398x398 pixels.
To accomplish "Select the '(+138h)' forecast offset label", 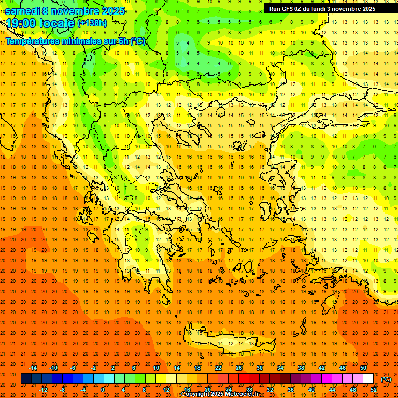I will pyautogui.click(x=92, y=23).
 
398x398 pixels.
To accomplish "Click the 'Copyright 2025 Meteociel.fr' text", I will pyautogui.click(x=220, y=394).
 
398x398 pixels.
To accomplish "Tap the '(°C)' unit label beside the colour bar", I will pyautogui.click(x=386, y=379).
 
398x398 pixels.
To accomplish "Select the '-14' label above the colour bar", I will pyautogui.click(x=33, y=368).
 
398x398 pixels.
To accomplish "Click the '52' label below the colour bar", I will pyautogui.click(x=374, y=390).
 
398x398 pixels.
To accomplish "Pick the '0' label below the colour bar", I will pyautogui.click(x=103, y=390).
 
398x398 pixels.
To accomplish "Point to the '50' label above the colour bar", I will pyautogui.click(x=363, y=368).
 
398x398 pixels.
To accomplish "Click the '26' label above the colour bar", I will pyautogui.click(x=239, y=368).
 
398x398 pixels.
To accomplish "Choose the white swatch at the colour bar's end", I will pyautogui.click(x=368, y=379).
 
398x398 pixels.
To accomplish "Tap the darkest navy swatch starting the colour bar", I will pyautogui.click(x=26, y=379).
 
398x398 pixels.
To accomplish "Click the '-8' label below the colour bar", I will pyautogui.click(x=62, y=390).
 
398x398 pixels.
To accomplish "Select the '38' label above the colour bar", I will pyautogui.click(x=301, y=368).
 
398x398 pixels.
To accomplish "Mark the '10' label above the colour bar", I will pyautogui.click(x=156, y=368).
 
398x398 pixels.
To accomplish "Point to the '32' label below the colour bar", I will pyautogui.click(x=270, y=390).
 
